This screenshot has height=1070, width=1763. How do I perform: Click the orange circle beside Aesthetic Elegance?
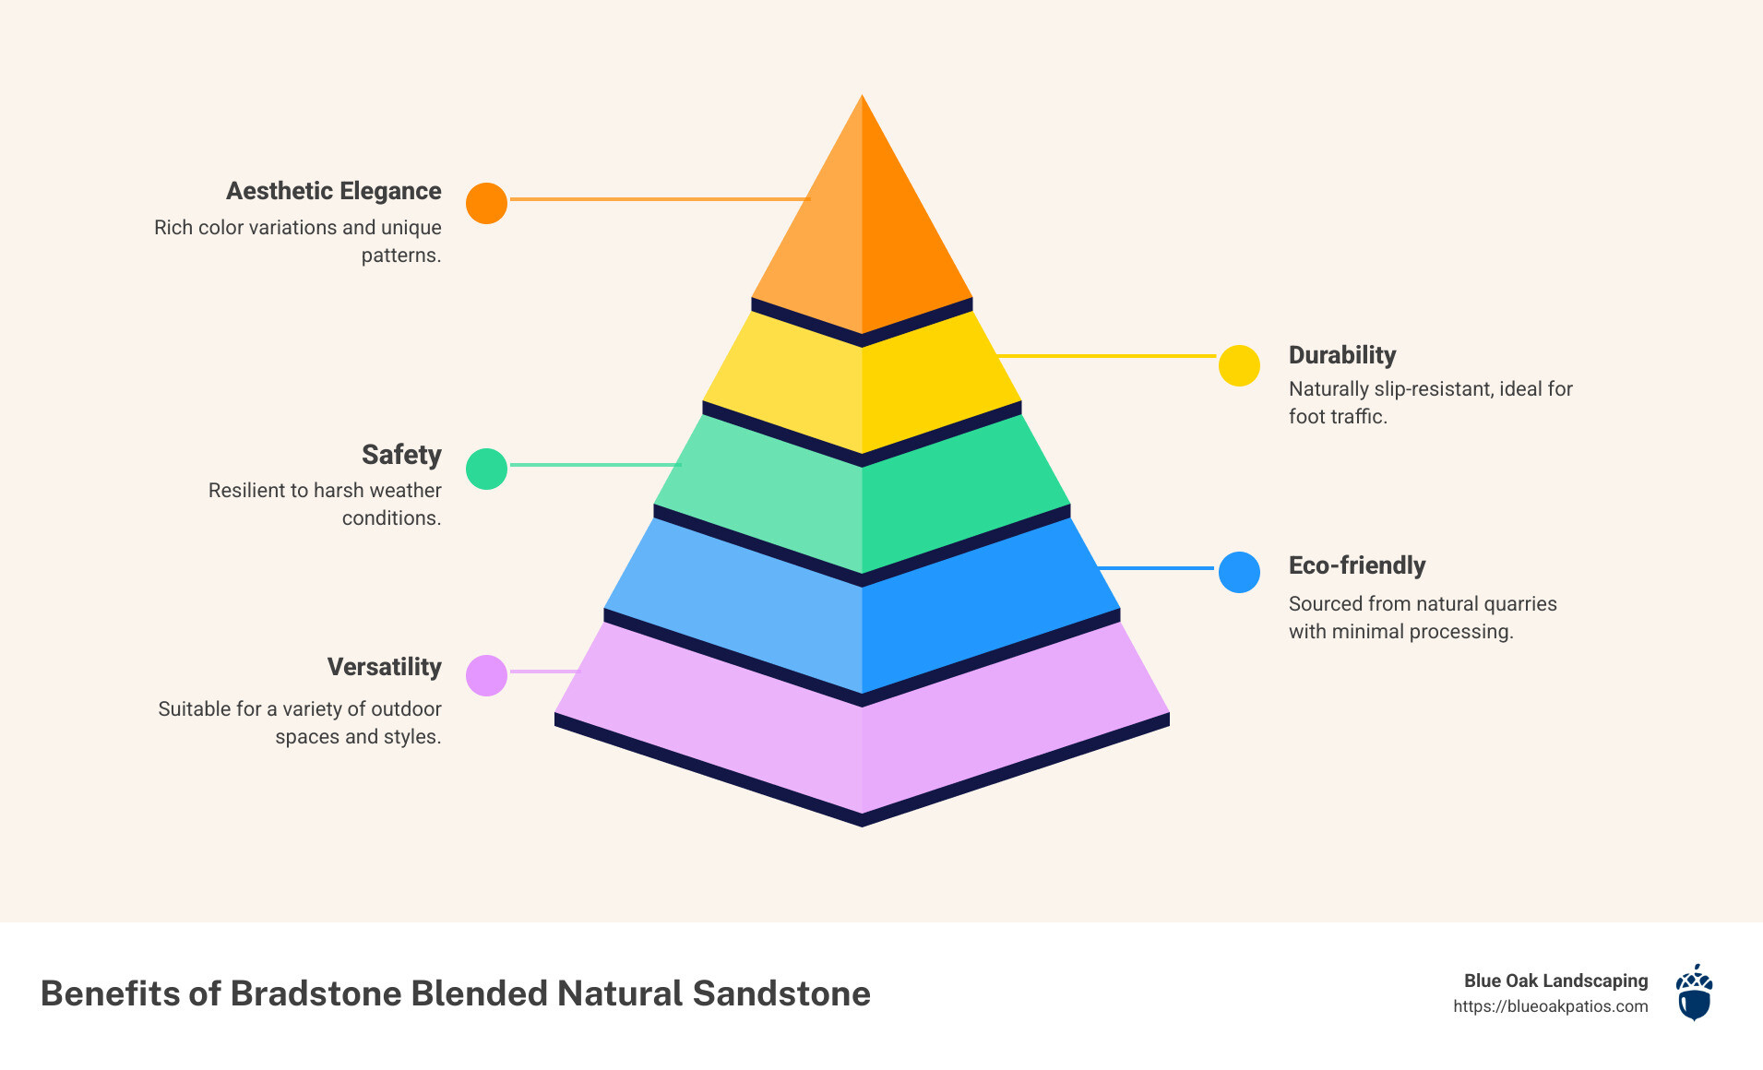(x=486, y=203)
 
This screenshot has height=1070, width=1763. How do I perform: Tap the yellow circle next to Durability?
(x=1239, y=366)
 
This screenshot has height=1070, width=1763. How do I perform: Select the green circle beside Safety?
(x=486, y=469)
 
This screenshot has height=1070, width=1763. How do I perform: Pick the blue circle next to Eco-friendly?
(x=1239, y=572)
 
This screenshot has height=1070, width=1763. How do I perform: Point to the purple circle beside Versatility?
(x=486, y=675)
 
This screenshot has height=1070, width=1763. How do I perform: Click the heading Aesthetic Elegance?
(x=333, y=191)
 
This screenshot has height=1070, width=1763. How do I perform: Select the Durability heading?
(x=1341, y=355)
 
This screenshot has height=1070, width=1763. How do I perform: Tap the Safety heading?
(x=401, y=455)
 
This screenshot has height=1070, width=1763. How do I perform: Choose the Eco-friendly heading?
(x=1356, y=565)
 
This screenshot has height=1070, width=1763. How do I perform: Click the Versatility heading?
(x=384, y=667)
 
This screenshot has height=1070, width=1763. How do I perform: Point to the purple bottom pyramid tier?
(x=862, y=738)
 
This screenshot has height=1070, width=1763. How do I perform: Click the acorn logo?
(x=1694, y=993)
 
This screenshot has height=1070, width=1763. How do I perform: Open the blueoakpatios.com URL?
(x=1550, y=1006)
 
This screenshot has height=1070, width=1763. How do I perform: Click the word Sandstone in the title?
(x=781, y=993)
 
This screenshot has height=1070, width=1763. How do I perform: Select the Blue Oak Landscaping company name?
(x=1555, y=981)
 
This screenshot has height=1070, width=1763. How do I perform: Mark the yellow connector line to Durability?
(x=1107, y=355)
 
